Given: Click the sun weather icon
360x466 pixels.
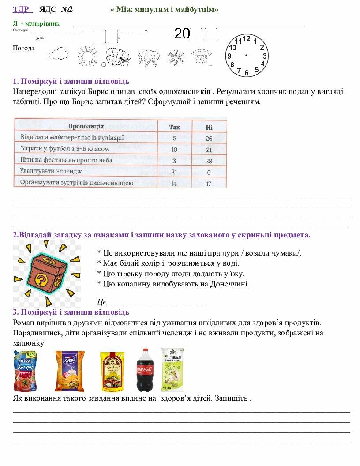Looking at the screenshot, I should (x=88, y=56).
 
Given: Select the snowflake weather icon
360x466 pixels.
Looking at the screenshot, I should (x=176, y=57).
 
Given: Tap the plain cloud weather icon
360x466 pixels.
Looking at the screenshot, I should (x=58, y=54).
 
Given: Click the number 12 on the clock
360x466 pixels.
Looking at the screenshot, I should (x=247, y=39).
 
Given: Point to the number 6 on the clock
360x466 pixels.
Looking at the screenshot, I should (x=246, y=72).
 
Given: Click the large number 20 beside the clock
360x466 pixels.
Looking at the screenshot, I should (x=182, y=34).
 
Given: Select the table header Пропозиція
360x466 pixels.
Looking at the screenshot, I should (x=86, y=126).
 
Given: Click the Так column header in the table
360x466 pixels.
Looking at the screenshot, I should (x=174, y=127).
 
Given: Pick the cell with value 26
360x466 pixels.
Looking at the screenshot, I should (x=209, y=139).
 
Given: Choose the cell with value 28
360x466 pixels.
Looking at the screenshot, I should (x=209, y=161).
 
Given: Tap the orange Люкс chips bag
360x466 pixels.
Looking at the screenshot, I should (x=69, y=371).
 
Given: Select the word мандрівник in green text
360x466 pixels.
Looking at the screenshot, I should (x=42, y=23).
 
